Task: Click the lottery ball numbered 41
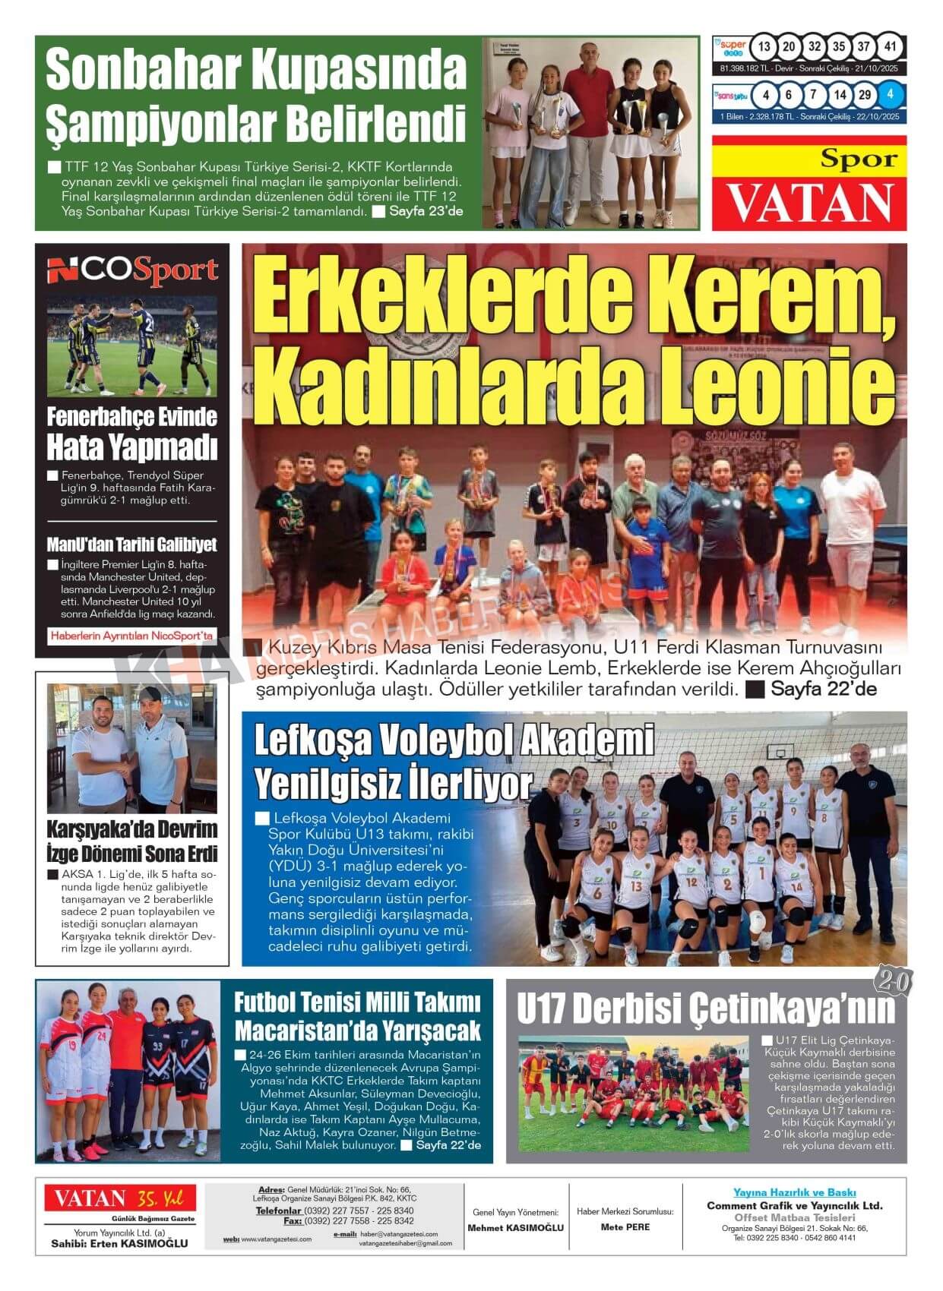point(891,47)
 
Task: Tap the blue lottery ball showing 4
point(891,95)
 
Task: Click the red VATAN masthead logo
point(809,202)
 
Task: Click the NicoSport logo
point(132,270)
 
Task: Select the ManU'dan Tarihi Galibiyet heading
point(131,544)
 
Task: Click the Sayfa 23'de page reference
point(426,211)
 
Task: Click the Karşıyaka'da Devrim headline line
point(131,829)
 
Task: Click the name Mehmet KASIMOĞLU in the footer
point(515,1228)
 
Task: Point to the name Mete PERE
point(625,1227)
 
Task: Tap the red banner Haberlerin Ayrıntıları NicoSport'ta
point(131,636)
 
